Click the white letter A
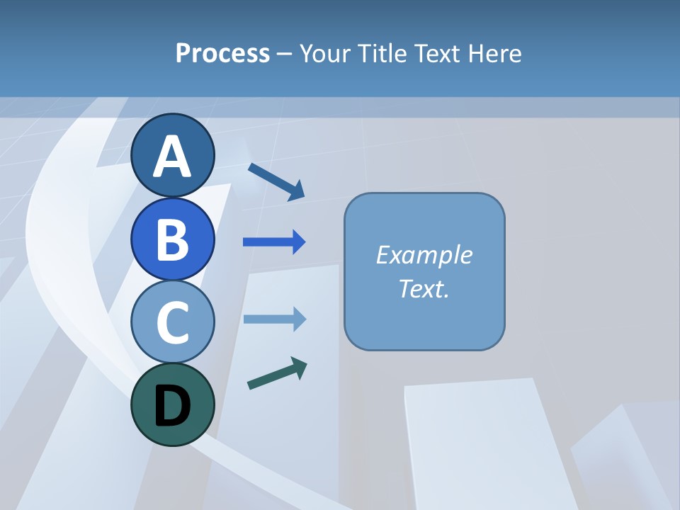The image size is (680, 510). tap(172, 157)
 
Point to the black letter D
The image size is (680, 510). tap(172, 406)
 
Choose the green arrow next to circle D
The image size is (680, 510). tap(277, 373)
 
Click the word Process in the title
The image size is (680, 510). tap(222, 54)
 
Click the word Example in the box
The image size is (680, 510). tap(424, 255)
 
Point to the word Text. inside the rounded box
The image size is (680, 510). tap(424, 288)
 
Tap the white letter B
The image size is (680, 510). tap(172, 239)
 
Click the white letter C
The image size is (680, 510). tap(172, 322)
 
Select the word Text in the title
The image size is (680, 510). tap(438, 53)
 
